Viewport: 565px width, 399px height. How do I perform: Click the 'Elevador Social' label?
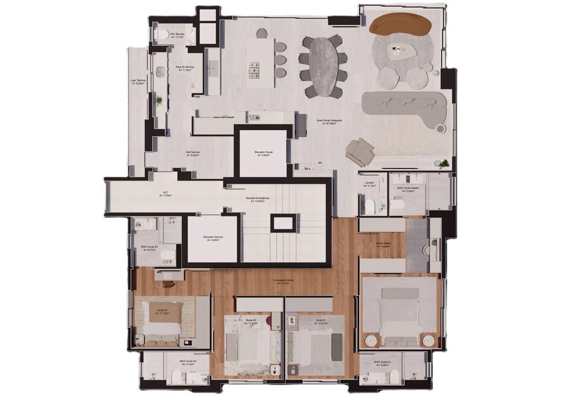click(264, 153)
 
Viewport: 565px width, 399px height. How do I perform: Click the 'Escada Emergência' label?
click(258, 200)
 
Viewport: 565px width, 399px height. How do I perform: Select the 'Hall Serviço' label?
click(193, 153)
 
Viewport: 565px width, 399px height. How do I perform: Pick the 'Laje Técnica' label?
click(138, 82)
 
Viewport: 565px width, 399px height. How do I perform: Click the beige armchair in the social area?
click(360, 150)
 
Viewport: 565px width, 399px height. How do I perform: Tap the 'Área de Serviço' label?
click(183, 68)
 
